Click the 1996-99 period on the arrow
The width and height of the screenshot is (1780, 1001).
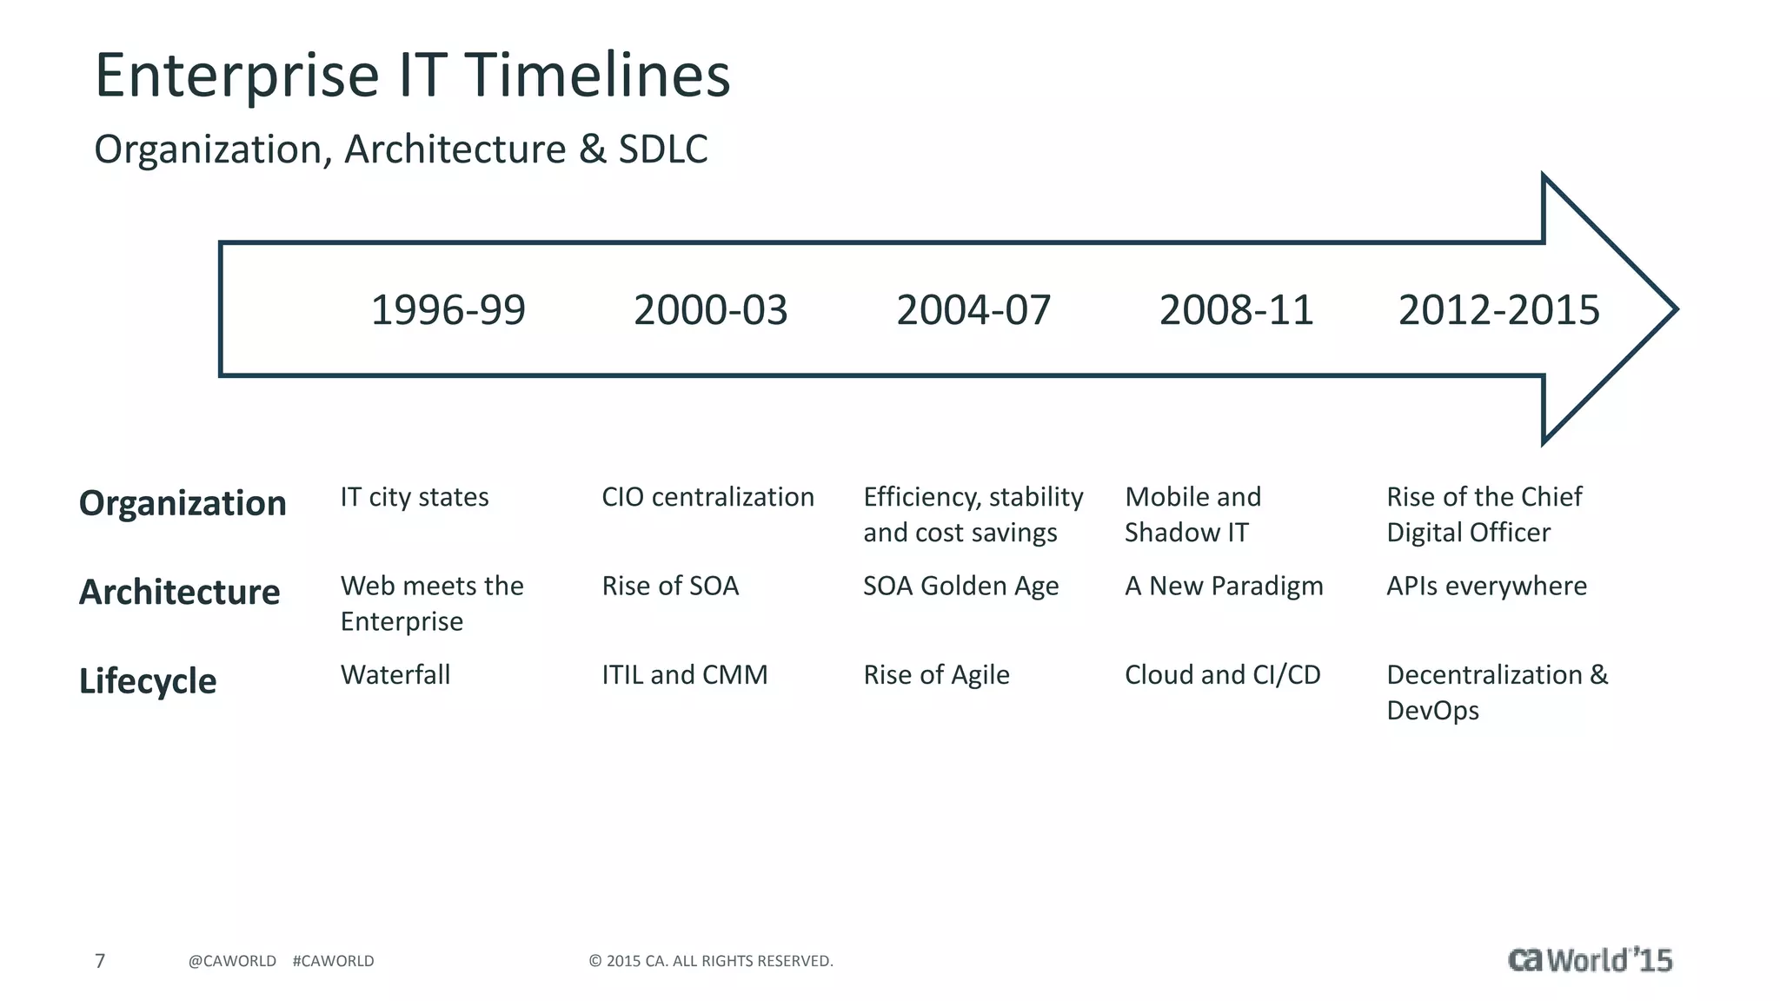click(x=448, y=310)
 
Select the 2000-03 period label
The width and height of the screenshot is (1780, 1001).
click(x=710, y=310)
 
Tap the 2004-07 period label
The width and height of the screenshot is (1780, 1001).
click(x=973, y=310)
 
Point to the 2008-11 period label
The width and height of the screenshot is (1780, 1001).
click(x=1236, y=310)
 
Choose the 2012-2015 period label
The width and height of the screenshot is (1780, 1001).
click(x=1498, y=310)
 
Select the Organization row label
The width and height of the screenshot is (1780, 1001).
click(x=183, y=503)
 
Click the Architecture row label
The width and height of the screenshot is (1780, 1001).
click(x=179, y=592)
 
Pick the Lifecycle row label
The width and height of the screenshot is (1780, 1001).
click(x=148, y=681)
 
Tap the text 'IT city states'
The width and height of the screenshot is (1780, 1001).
click(x=415, y=497)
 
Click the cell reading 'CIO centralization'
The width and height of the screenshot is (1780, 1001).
click(x=707, y=497)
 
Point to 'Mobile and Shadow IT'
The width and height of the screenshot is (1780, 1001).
click(x=1192, y=514)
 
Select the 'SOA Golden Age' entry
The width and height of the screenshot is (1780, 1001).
click(x=960, y=587)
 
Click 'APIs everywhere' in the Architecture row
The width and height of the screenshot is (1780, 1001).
click(x=1486, y=587)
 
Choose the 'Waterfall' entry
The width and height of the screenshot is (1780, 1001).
click(x=395, y=675)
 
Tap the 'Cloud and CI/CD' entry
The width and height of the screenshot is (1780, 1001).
click(x=1222, y=675)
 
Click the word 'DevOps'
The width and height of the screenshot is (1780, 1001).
click(x=1432, y=711)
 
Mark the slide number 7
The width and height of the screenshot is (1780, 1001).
click(x=100, y=961)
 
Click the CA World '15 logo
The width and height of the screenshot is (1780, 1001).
click(x=1590, y=959)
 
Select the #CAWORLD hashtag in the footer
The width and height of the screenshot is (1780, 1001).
click(x=333, y=961)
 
